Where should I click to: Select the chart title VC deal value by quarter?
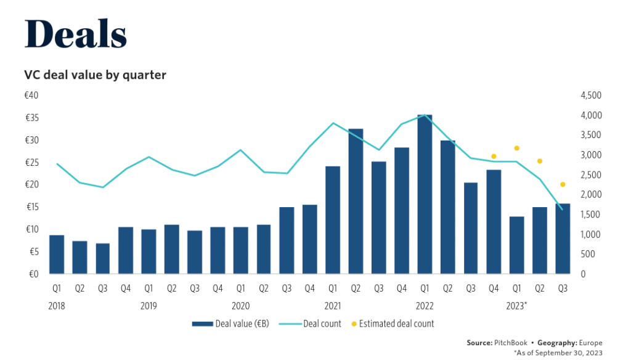[96, 75]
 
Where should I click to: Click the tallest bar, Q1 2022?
[425, 194]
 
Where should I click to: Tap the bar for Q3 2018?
[102, 259]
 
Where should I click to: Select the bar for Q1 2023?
[516, 245]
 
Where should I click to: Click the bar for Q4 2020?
[310, 239]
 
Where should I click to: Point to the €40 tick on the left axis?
[31, 96]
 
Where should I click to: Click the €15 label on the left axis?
[31, 207]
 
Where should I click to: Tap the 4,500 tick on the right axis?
[590, 96]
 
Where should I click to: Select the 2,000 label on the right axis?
[590, 195]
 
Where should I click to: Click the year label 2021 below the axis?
[333, 305]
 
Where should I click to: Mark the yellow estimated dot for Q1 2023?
[517, 148]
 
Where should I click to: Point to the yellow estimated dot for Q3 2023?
[563, 184]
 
